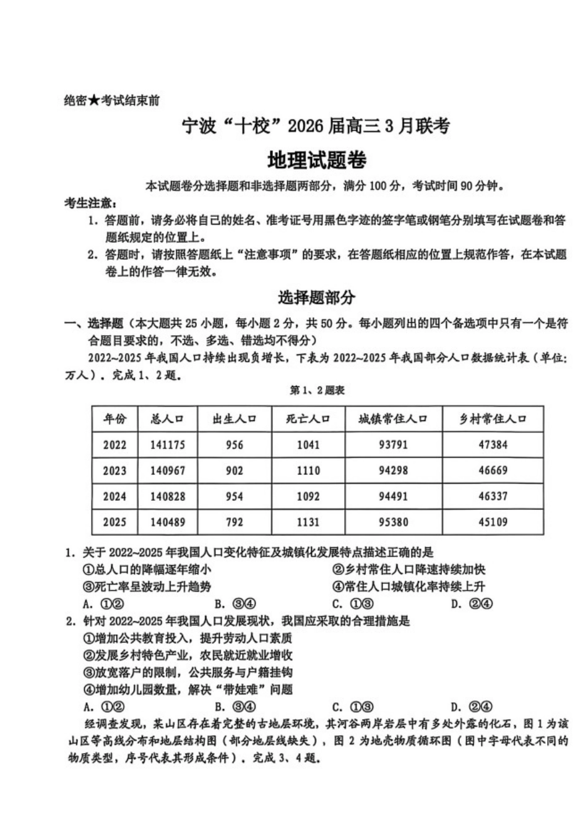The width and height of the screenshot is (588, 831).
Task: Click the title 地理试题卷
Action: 316,161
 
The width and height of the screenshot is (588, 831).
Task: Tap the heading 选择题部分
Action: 316,297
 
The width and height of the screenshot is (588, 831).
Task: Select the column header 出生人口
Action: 235,419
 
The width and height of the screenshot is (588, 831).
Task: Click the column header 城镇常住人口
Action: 393,419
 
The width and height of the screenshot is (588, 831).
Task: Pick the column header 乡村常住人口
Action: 493,419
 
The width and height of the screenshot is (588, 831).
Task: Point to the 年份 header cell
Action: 115,419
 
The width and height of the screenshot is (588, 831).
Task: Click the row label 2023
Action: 115,471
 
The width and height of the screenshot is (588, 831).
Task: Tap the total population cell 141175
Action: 167,445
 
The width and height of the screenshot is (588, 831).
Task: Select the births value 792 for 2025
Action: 235,522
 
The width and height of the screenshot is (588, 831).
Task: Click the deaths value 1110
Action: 308,471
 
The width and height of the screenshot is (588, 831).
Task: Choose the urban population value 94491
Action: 393,496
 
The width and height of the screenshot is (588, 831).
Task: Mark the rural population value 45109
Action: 493,522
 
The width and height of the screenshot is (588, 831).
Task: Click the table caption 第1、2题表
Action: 316,391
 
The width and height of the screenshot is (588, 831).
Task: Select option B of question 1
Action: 235,604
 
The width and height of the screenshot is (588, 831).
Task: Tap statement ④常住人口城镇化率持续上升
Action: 409,587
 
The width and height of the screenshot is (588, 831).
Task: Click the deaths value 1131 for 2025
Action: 308,522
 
